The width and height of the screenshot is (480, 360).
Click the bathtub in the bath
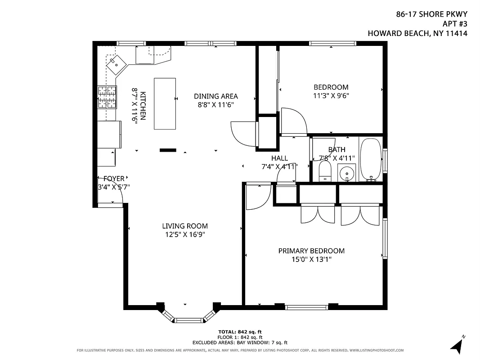point(371,159)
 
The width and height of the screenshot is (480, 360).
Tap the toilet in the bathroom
point(325,171)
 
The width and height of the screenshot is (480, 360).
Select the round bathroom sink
point(347,173)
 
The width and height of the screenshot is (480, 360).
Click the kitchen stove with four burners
point(107,97)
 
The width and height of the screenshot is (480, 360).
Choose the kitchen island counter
point(165,103)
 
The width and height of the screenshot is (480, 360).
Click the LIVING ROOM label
point(185,226)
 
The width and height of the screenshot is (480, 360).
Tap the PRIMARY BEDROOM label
point(311,251)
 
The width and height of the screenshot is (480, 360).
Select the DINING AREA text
point(215,96)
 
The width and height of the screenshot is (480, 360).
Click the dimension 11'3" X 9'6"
point(331,95)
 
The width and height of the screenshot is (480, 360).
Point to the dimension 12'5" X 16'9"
point(185,234)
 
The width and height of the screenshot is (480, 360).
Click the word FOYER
point(114,178)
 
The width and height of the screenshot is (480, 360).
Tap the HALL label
point(279,158)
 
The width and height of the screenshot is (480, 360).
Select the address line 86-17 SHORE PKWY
point(431,14)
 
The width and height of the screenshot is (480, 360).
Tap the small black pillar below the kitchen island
point(168,150)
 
